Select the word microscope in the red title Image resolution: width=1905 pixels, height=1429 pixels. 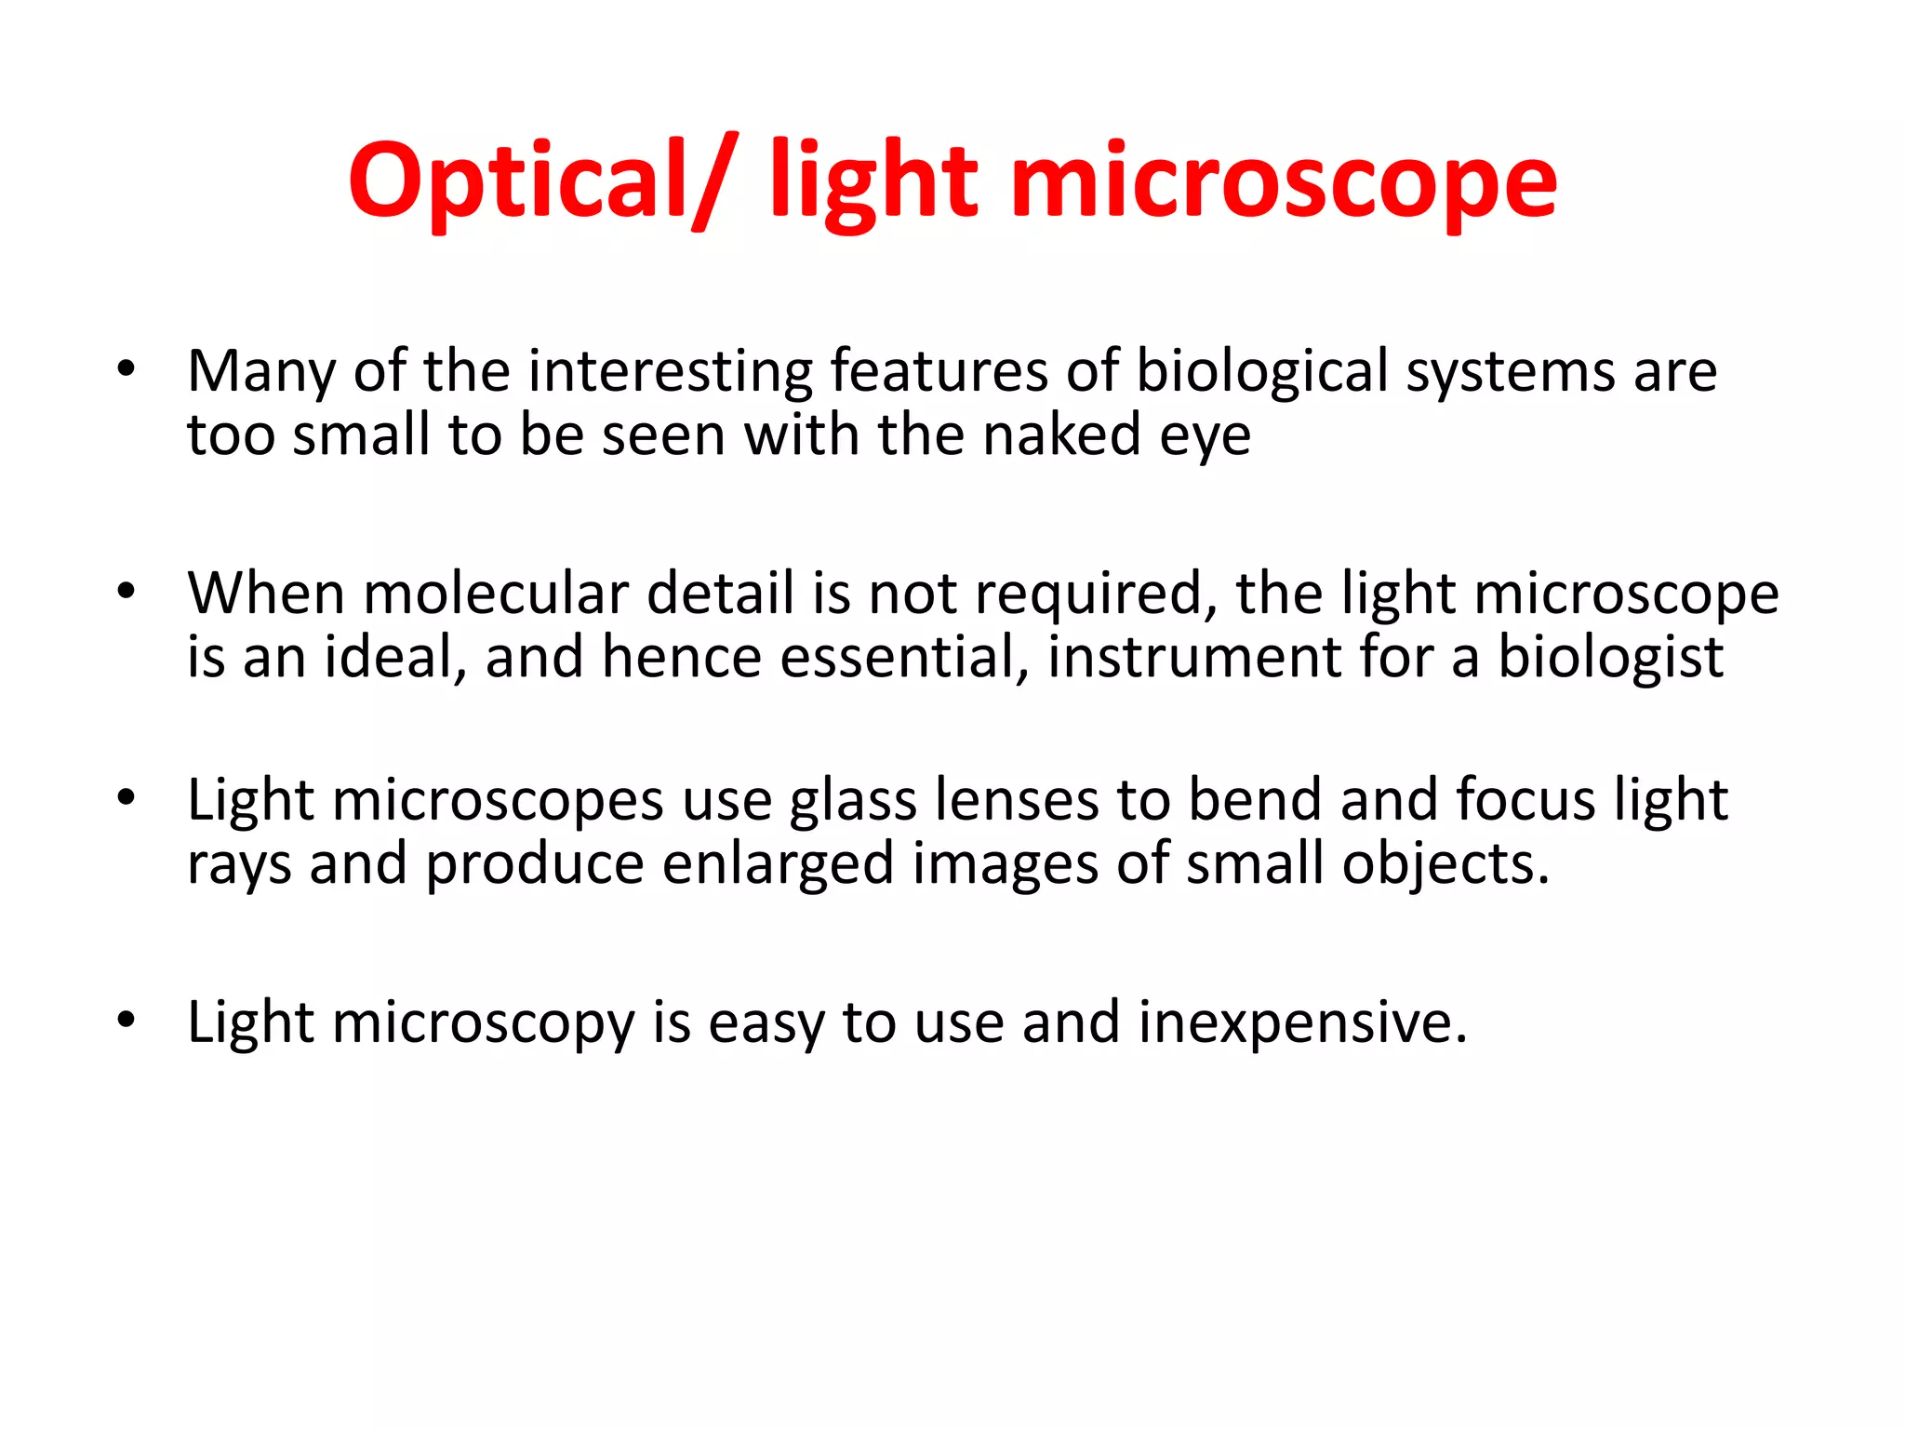click(x=1283, y=181)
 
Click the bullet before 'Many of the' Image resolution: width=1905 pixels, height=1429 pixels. click(x=127, y=370)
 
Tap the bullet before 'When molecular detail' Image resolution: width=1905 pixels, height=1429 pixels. click(x=127, y=592)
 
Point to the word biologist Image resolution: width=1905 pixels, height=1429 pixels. click(x=1610, y=659)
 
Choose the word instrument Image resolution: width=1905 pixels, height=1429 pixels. click(x=1194, y=657)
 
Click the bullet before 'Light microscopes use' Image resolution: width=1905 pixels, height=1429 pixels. click(x=127, y=798)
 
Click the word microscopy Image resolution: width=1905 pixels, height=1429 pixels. click(x=483, y=1023)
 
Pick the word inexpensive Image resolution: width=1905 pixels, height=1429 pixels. click(x=1301, y=1023)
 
